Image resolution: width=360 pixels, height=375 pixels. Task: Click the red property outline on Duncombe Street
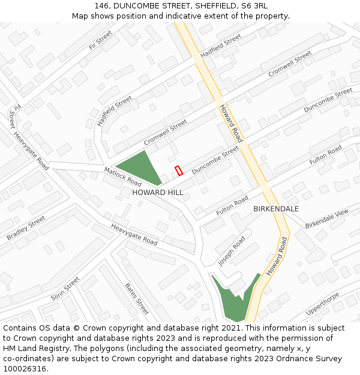coord(178,171)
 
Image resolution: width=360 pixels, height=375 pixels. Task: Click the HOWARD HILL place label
coord(158,193)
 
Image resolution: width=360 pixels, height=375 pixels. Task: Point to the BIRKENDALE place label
coord(276,209)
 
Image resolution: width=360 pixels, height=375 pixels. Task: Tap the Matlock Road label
coord(122,176)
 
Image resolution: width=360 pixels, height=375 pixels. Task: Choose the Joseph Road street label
coord(232,251)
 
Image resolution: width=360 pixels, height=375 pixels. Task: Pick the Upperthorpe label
coord(323,303)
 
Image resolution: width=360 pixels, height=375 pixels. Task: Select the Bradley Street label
coord(26,229)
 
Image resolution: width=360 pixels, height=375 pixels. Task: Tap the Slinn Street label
coord(65,289)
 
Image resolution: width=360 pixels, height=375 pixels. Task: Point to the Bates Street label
coord(137,299)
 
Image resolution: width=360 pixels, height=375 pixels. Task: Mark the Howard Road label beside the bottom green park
coord(277,256)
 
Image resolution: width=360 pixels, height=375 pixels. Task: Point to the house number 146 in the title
coord(102,5)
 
